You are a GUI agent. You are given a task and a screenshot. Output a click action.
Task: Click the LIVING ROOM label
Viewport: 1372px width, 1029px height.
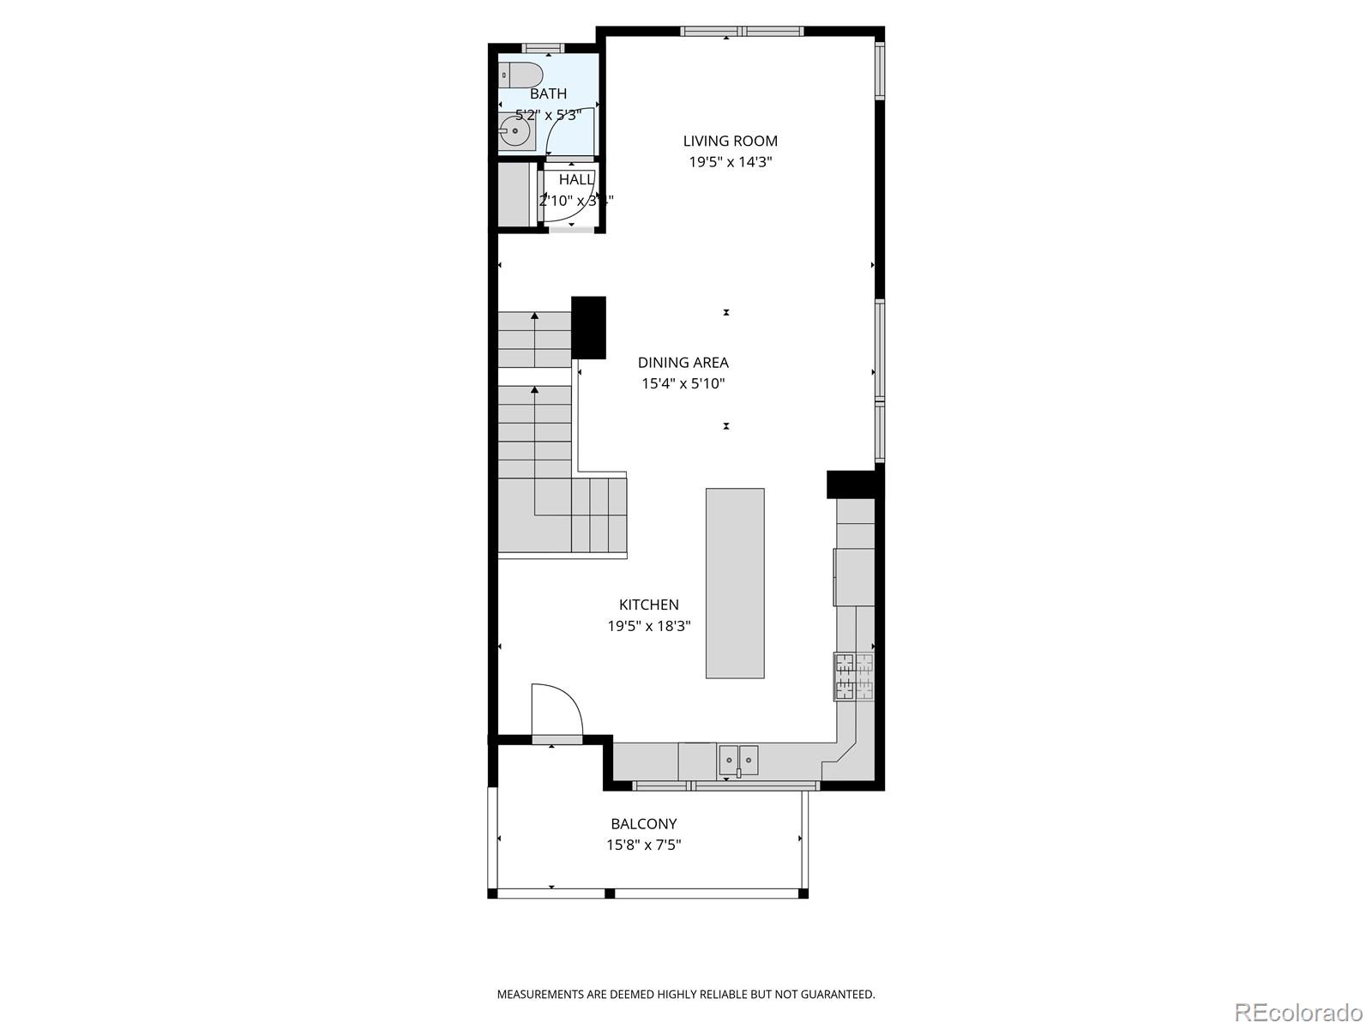tap(730, 141)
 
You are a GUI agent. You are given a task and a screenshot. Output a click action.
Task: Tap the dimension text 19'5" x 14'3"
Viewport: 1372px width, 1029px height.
tap(730, 162)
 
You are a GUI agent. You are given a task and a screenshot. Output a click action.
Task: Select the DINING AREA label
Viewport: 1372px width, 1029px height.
tap(683, 363)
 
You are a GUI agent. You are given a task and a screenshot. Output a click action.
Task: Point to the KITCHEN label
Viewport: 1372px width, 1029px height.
tap(649, 605)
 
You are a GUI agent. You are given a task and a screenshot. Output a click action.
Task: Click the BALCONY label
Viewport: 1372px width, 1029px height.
tap(643, 824)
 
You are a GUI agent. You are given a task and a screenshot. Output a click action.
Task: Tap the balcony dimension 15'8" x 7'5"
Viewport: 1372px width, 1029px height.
tap(643, 845)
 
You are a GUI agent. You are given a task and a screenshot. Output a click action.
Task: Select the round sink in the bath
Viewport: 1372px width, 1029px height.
tap(515, 132)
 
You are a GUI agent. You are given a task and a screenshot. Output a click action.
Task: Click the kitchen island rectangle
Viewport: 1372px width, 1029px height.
tap(735, 583)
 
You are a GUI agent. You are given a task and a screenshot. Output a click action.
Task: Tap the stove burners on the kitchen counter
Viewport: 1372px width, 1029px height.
tap(854, 677)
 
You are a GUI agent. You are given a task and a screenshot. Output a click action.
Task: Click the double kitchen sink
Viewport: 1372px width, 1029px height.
tap(738, 760)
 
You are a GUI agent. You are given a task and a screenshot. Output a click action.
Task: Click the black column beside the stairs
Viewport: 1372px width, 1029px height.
tap(588, 327)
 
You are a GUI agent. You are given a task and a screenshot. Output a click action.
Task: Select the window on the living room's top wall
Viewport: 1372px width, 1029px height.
tap(742, 32)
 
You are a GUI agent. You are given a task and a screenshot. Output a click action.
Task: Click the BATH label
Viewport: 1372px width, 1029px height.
tap(548, 94)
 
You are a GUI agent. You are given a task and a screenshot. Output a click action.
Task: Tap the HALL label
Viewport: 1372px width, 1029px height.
tap(576, 180)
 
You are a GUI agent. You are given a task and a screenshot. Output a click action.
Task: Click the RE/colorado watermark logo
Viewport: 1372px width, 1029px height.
tap(1298, 1012)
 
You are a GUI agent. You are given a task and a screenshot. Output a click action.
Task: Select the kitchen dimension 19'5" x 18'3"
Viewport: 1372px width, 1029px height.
tap(649, 627)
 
